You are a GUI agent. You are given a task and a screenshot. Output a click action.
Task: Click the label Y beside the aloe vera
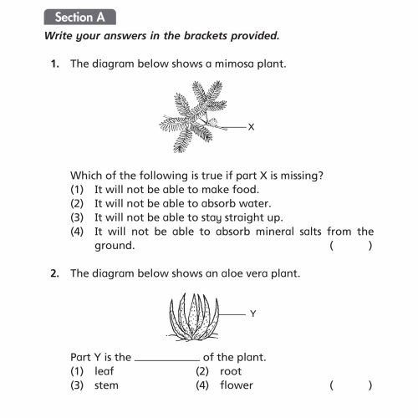pyautogui.click(x=252, y=313)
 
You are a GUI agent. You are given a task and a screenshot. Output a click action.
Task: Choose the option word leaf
pyautogui.click(x=104, y=370)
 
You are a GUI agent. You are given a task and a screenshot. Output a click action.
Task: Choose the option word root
pyautogui.click(x=231, y=370)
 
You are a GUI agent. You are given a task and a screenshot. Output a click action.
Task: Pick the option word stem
pyautogui.click(x=106, y=385)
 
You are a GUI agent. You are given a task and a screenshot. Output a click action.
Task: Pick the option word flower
pyautogui.click(x=237, y=385)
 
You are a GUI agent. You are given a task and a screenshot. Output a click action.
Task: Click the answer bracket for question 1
pyautogui.click(x=350, y=246)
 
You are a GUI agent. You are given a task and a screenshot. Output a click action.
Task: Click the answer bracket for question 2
pyautogui.click(x=350, y=385)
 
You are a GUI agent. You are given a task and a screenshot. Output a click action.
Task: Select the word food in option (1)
pyautogui.click(x=231, y=189)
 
